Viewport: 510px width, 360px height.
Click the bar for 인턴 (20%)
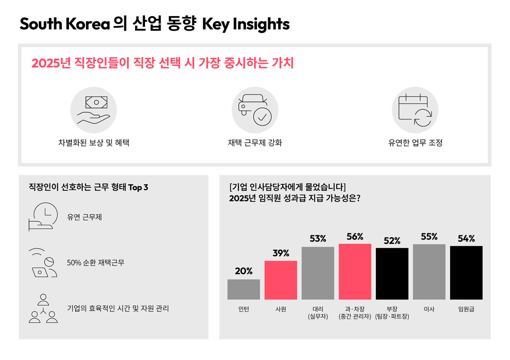pyautogui.click(x=243, y=289)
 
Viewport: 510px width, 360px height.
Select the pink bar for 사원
pyautogui.click(x=280, y=280)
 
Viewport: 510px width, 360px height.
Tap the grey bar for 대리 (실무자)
pyautogui.click(x=318, y=273)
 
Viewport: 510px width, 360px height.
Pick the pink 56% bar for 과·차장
pyautogui.click(x=355, y=271)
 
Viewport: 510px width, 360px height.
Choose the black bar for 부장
pyautogui.click(x=392, y=274)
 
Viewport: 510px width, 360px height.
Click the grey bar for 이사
pyautogui.click(x=429, y=272)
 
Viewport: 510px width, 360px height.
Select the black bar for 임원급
pyautogui.click(x=466, y=273)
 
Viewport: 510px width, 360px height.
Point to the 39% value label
pyautogui.click(x=280, y=253)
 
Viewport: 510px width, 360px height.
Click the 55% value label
pyautogui.click(x=429, y=237)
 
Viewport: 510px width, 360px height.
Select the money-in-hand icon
pyautogui.click(x=93, y=110)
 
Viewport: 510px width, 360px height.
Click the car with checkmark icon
pyautogui.click(x=255, y=110)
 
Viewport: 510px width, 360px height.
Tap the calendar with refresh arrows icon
pyautogui.click(x=415, y=110)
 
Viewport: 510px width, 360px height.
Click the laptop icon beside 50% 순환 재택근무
pyautogui.click(x=43, y=263)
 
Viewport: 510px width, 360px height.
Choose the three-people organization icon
pyautogui.click(x=43, y=308)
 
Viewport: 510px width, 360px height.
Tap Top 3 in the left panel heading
pyautogui.click(x=138, y=188)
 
